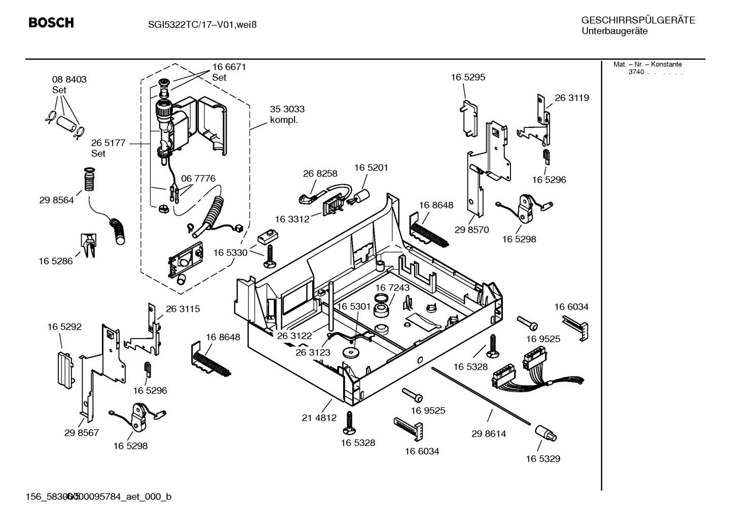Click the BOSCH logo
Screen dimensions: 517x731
[51, 23]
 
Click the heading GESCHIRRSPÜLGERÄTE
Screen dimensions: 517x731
[638, 20]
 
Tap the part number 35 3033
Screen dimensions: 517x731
[287, 109]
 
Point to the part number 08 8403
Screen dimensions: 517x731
[69, 80]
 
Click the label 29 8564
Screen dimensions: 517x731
[56, 200]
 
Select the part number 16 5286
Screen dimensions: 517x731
[55, 261]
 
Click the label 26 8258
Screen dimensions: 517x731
[320, 174]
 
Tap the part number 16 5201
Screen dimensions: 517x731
[371, 167]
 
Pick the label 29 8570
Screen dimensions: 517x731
[471, 229]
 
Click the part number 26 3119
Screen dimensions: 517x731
[572, 98]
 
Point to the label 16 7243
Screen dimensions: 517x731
[392, 288]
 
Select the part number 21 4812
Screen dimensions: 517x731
[319, 418]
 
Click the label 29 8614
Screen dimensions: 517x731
[489, 434]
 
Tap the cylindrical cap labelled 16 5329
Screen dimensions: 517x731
[545, 434]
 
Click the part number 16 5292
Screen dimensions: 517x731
[64, 327]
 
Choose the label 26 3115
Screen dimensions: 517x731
[182, 308]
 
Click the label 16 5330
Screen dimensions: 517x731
[230, 253]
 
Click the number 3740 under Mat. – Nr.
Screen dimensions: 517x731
[636, 72]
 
